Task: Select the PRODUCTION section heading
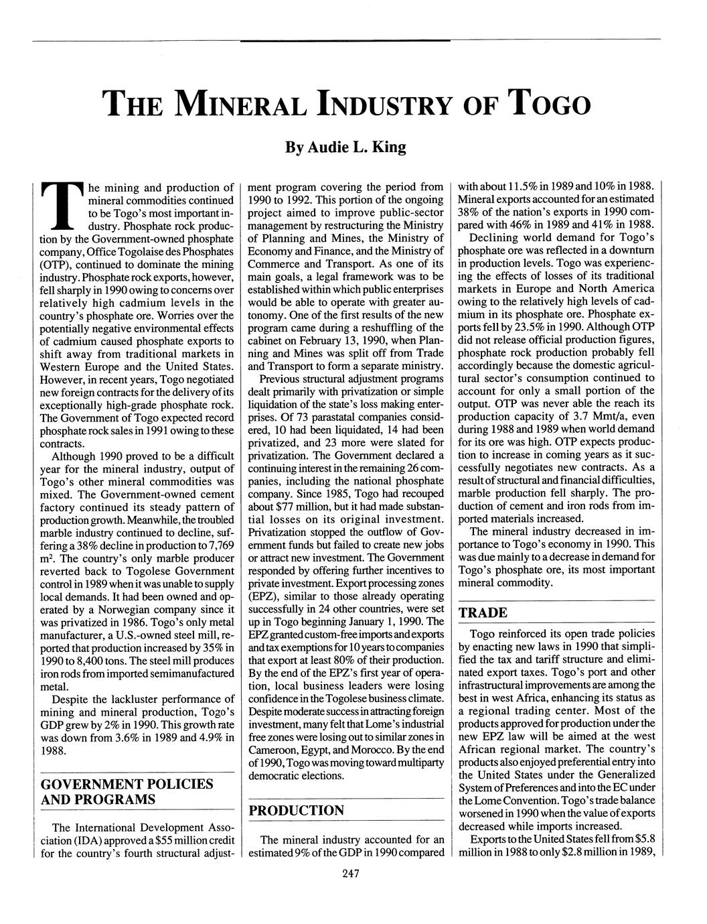pyautogui.click(x=297, y=811)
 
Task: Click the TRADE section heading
pyautogui.click(x=483, y=612)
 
